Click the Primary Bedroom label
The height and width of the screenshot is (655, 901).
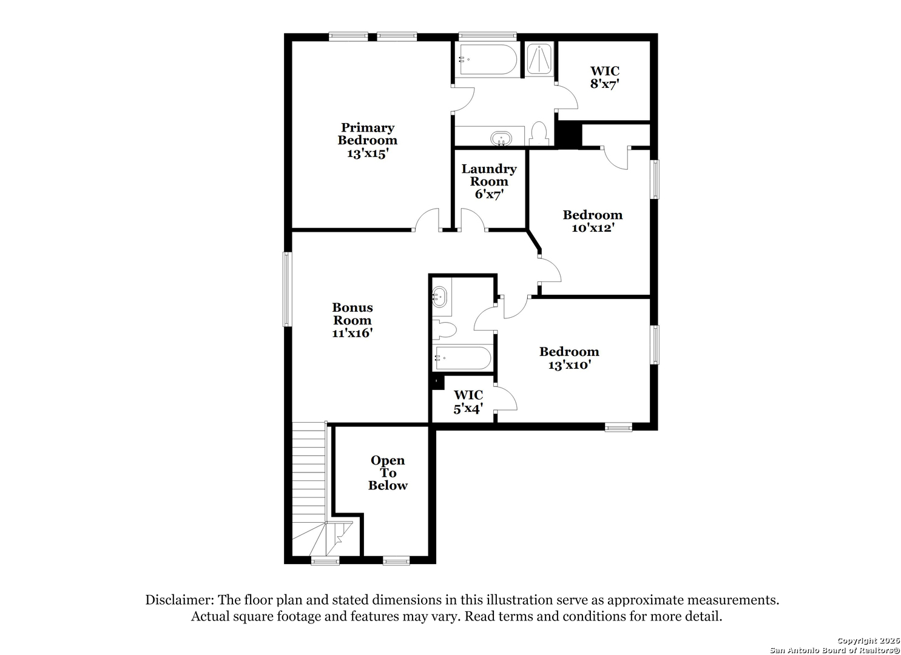(x=367, y=140)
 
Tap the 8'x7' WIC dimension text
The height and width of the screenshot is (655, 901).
(x=604, y=84)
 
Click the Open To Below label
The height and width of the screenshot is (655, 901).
(x=388, y=473)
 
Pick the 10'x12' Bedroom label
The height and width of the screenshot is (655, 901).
(x=593, y=221)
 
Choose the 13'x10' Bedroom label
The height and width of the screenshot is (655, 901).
(x=569, y=358)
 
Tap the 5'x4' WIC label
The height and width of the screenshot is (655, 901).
(x=468, y=402)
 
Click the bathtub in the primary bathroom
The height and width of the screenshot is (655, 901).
(x=487, y=59)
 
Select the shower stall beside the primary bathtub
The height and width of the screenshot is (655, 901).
(x=538, y=59)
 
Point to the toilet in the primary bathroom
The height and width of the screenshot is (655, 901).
(x=538, y=134)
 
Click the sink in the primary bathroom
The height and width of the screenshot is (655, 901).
(x=501, y=138)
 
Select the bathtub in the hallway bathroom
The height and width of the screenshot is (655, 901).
(x=462, y=358)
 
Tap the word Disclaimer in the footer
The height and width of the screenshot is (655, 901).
(x=178, y=600)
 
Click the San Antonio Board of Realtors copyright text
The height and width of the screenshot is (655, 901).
(x=835, y=650)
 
